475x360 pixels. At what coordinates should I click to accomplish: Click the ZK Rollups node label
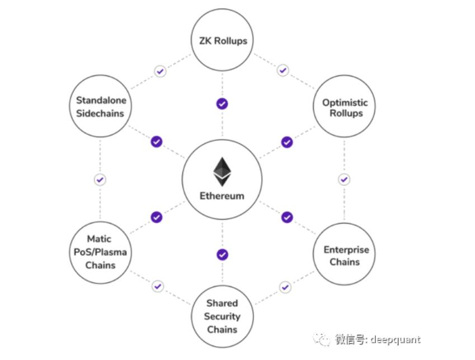pyautogui.click(x=222, y=40)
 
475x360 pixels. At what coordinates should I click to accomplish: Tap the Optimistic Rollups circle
pyautogui.click(x=345, y=108)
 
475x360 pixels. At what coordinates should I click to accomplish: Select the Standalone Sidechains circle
pyautogui.click(x=101, y=106)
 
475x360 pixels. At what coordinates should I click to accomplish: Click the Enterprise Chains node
pyautogui.click(x=345, y=255)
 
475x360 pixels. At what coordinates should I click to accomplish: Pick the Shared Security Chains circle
pyautogui.click(x=222, y=316)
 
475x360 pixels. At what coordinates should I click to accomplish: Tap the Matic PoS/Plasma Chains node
pyautogui.click(x=100, y=252)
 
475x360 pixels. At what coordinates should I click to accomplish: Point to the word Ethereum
pyautogui.click(x=222, y=196)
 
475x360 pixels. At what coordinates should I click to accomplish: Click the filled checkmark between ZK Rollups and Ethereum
pyautogui.click(x=222, y=104)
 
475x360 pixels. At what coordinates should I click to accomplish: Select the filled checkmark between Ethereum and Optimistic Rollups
pyautogui.click(x=287, y=142)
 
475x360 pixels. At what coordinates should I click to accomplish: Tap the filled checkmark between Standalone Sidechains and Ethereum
pyautogui.click(x=157, y=142)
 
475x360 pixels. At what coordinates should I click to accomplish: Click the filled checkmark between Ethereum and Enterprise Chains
pyautogui.click(x=287, y=217)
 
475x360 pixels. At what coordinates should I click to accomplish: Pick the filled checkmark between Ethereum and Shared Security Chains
pyautogui.click(x=222, y=255)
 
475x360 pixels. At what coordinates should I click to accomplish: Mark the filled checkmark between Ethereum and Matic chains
pyautogui.click(x=157, y=217)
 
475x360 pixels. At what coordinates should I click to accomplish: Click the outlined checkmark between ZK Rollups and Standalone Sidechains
pyautogui.click(x=161, y=71)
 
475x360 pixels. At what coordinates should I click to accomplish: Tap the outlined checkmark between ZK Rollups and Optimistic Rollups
pyautogui.click(x=283, y=70)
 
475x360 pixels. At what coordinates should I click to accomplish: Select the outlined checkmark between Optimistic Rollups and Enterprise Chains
pyautogui.click(x=344, y=180)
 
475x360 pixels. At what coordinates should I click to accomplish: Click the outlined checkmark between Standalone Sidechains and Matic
pyautogui.click(x=100, y=180)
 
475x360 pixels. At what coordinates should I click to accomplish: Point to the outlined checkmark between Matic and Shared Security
pyautogui.click(x=158, y=286)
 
